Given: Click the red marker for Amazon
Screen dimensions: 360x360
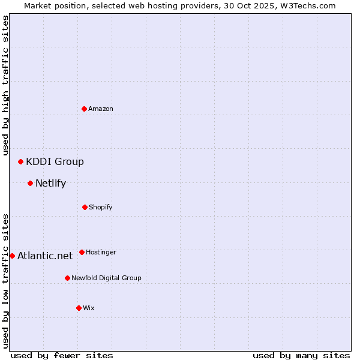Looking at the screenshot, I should (x=85, y=109).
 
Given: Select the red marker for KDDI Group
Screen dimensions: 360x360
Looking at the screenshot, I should (x=20, y=161).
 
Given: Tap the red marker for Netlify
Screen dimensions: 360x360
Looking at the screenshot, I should (x=30, y=183).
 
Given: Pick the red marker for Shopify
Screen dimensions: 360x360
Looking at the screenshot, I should (x=85, y=207).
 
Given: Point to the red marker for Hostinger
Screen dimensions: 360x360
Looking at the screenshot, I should (x=82, y=252).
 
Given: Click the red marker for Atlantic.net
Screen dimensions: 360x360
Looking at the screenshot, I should (x=12, y=256).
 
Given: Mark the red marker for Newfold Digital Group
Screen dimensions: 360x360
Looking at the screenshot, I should (x=67, y=278).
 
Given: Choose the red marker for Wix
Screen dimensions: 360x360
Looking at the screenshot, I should (x=79, y=308).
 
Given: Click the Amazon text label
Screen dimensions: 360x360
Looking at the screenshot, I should (x=101, y=109).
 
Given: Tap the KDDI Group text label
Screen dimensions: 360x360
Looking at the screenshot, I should (x=55, y=161).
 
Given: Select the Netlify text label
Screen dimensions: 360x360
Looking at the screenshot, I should (x=50, y=183).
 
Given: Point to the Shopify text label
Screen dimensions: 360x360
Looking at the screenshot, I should (x=101, y=207).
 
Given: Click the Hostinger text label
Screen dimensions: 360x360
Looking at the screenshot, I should (x=101, y=252).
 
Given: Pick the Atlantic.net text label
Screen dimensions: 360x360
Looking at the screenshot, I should (x=45, y=256).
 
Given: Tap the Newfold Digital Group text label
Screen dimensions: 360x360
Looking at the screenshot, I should (x=106, y=278).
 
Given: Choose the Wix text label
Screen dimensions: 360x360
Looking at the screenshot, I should (x=89, y=308).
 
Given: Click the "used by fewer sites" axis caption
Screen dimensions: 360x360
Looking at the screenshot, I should (x=62, y=355).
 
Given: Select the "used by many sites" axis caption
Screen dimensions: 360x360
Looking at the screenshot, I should (x=301, y=355).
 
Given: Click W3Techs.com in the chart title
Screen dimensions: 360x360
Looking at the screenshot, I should (x=306, y=5).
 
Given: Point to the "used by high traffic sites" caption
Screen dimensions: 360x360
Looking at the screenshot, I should (x=5, y=85).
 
